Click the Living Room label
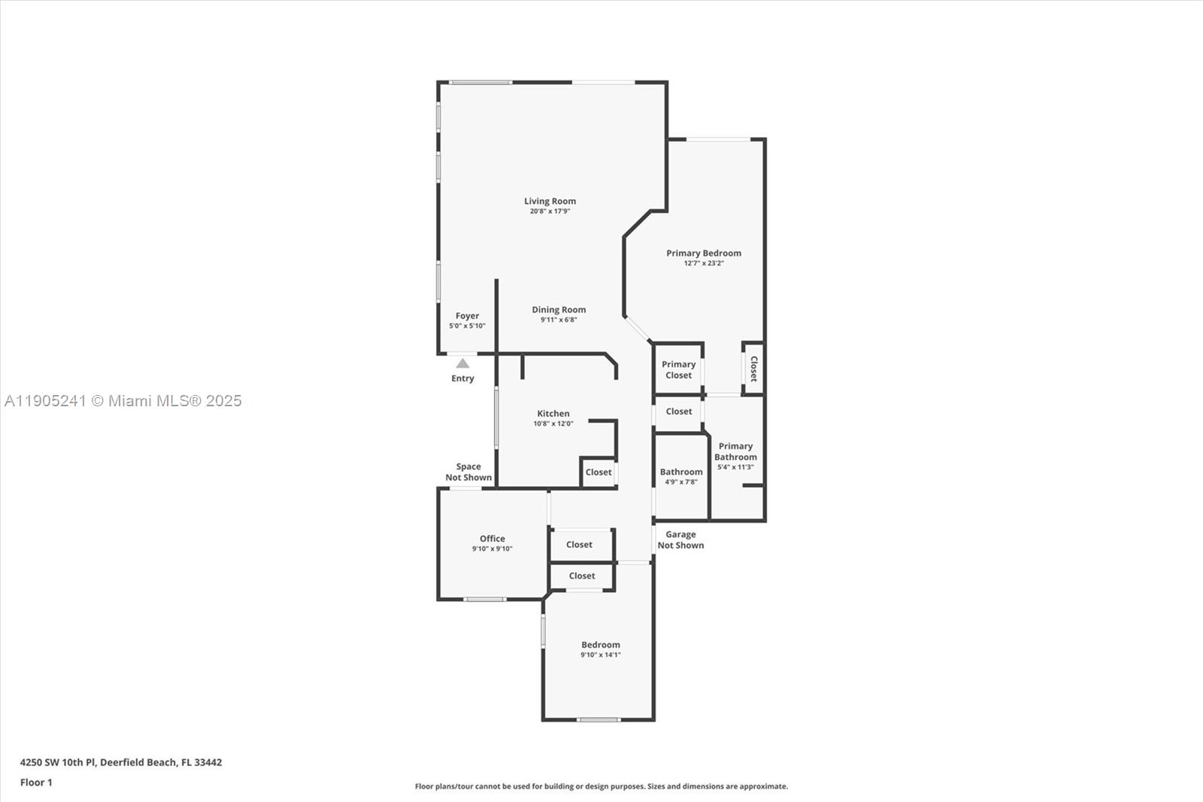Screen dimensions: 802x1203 [x=550, y=201]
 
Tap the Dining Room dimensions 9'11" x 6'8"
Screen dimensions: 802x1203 [x=559, y=320]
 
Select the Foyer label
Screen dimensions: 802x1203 [x=467, y=316]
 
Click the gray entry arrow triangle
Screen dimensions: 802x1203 [x=462, y=363]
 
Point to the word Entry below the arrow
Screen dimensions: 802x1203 [x=462, y=378]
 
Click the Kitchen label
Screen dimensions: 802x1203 [x=553, y=413]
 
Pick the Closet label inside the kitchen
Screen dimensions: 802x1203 [x=598, y=472]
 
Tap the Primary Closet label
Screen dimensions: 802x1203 [x=678, y=369]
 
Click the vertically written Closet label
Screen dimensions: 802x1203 [x=753, y=369]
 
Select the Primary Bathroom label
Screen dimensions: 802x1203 [x=735, y=451]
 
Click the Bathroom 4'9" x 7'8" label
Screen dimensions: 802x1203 [x=681, y=476]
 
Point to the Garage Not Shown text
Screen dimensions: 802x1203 [x=680, y=539]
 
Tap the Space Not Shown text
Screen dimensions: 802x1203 [x=468, y=472]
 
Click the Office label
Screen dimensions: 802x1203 [x=492, y=539]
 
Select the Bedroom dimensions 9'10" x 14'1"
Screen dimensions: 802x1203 [x=600, y=655]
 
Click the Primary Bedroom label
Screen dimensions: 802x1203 [x=704, y=253]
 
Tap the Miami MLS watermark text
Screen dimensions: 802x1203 [x=123, y=401]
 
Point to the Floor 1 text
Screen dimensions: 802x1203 [x=36, y=782]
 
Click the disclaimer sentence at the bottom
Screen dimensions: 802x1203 [x=601, y=786]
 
